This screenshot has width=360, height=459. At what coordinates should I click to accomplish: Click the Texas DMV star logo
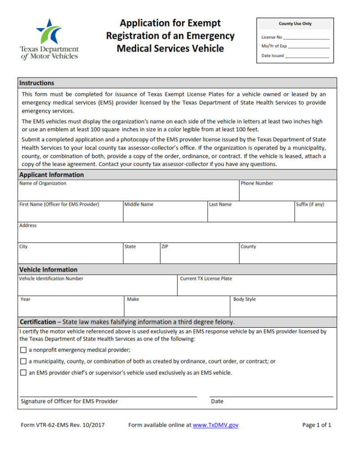tap(49, 31)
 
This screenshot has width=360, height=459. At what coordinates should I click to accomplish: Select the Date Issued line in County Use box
tap(307, 57)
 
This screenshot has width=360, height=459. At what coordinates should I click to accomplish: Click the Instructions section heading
tap(37, 83)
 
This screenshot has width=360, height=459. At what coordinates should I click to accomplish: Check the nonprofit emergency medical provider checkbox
tap(23, 350)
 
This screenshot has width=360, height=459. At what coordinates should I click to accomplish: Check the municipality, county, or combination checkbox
tap(23, 361)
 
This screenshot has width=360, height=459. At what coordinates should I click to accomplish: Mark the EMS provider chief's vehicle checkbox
tap(23, 372)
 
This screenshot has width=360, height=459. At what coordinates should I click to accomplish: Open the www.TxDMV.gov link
tap(215, 425)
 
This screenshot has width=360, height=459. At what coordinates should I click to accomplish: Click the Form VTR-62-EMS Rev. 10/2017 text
tap(63, 425)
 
